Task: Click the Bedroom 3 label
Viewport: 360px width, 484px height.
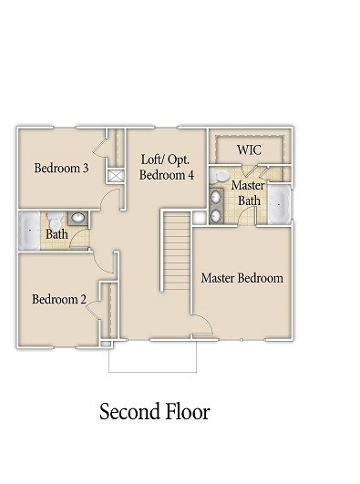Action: (60, 168)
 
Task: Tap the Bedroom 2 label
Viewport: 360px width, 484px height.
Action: (58, 299)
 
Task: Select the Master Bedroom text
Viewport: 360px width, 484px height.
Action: (242, 278)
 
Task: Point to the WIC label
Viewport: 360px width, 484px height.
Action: (250, 149)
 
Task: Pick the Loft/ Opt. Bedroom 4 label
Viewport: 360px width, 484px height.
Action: (167, 166)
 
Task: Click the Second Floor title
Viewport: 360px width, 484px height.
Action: (154, 412)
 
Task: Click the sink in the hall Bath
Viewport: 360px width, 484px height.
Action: (77, 219)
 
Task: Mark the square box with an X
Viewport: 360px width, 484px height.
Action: (116, 177)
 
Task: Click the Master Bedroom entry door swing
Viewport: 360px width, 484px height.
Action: (202, 325)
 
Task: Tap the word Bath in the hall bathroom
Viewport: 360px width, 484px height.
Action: (57, 234)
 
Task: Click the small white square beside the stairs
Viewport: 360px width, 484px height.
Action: (200, 217)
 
